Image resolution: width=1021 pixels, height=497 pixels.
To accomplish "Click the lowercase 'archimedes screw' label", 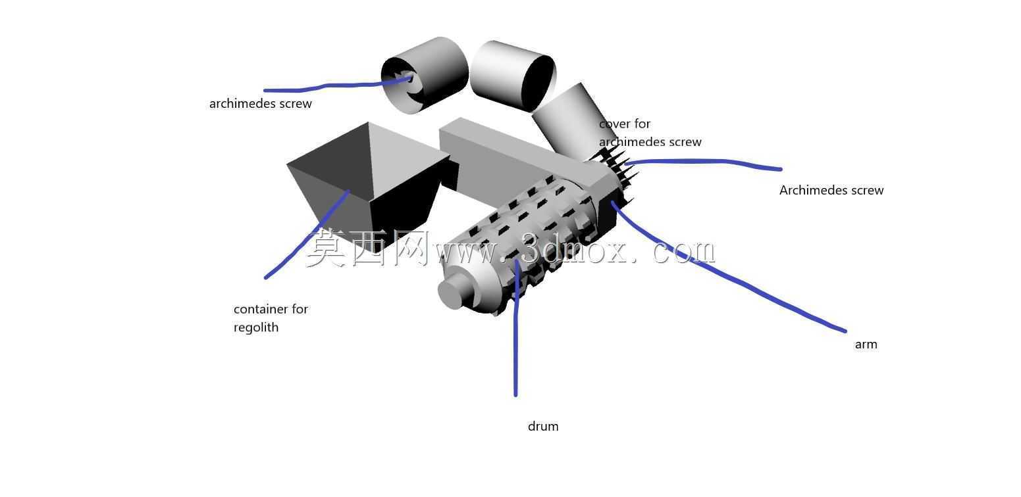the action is pos(260,104).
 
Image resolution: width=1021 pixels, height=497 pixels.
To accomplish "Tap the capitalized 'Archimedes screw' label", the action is pos(831,190).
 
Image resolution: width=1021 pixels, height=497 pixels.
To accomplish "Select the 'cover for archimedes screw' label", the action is pos(650,133).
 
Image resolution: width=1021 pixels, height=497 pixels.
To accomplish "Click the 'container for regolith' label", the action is pos(271,318).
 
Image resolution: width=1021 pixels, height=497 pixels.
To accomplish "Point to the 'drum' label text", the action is pos(543,427).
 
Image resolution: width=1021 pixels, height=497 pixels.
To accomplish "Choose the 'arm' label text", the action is pos(866,344).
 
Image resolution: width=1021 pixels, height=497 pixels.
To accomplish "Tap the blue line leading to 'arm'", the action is pos(725,273).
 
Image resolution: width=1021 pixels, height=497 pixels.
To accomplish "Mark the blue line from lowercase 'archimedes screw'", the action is pos(337,85).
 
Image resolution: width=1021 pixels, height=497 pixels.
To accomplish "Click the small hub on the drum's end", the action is pos(454,291).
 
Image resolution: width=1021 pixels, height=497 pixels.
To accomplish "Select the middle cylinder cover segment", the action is pos(513,76).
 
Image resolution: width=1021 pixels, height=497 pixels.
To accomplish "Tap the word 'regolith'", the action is pos(255,327).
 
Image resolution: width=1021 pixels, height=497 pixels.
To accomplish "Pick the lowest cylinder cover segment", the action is pos(572,123).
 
